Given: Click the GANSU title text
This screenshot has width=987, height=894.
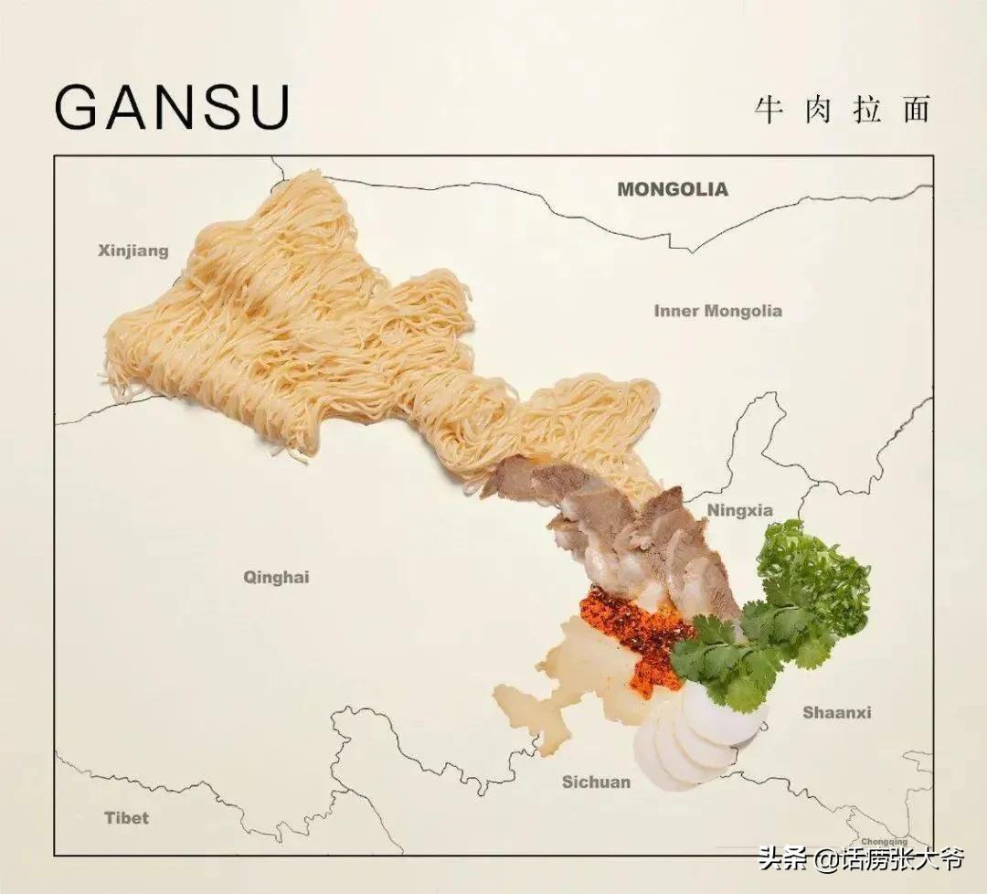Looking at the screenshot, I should point(173,107).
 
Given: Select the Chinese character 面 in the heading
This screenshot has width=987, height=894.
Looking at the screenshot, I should point(915,109).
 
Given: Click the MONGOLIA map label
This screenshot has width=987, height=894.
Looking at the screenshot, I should point(673,189).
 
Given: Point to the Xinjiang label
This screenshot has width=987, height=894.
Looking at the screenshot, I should point(133,250).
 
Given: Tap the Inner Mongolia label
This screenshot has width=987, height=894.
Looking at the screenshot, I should point(717,311).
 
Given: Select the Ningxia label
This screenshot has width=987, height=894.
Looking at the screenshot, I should point(740,510).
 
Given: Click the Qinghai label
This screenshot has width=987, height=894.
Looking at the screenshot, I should point(276,577).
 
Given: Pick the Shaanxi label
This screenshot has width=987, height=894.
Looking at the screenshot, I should point(837,712).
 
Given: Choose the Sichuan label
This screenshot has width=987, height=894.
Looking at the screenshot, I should point(596,782).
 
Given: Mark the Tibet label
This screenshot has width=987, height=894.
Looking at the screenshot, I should point(126,817).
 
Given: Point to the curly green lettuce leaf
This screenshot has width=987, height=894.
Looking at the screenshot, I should point(813,576).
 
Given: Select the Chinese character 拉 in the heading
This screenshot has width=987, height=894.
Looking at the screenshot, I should point(865,109).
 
